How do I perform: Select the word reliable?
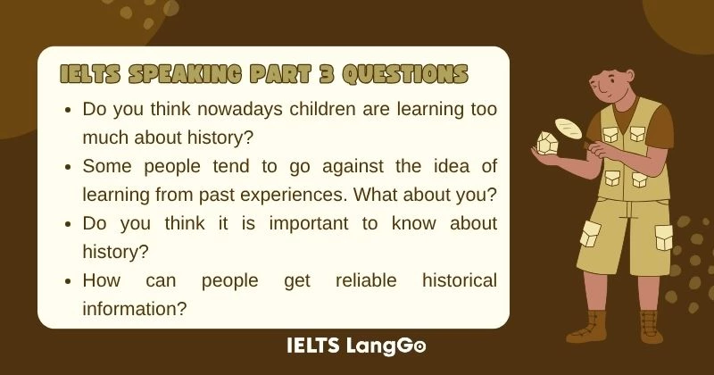(367, 280)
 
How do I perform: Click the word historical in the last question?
(459, 280)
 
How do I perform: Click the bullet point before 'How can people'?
(69, 281)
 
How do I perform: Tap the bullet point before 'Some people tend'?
(69, 167)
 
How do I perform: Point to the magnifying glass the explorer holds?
(567, 128)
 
